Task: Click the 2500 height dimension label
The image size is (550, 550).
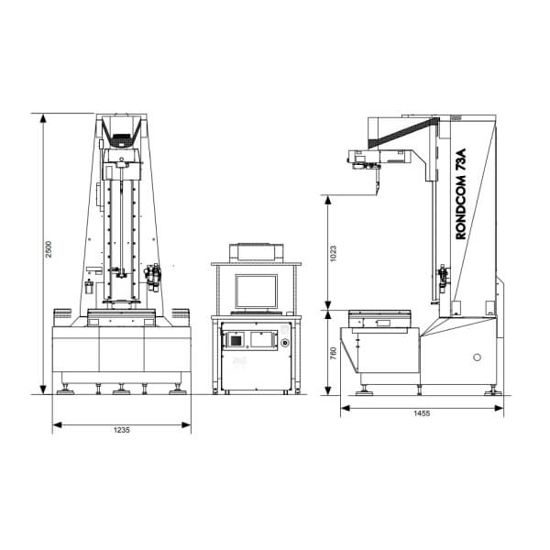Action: (x=49, y=249)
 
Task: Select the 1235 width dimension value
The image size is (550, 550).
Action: (x=121, y=430)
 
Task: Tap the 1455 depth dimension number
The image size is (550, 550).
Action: (x=422, y=413)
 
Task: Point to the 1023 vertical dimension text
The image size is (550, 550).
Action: (x=333, y=253)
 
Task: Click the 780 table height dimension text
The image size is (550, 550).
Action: (x=334, y=353)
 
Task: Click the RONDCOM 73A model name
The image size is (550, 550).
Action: (x=461, y=194)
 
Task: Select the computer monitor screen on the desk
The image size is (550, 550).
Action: (x=256, y=291)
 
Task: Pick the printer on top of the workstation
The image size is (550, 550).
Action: (x=256, y=252)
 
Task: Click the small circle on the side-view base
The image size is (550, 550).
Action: (x=477, y=357)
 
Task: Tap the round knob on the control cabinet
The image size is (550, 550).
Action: (x=285, y=342)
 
